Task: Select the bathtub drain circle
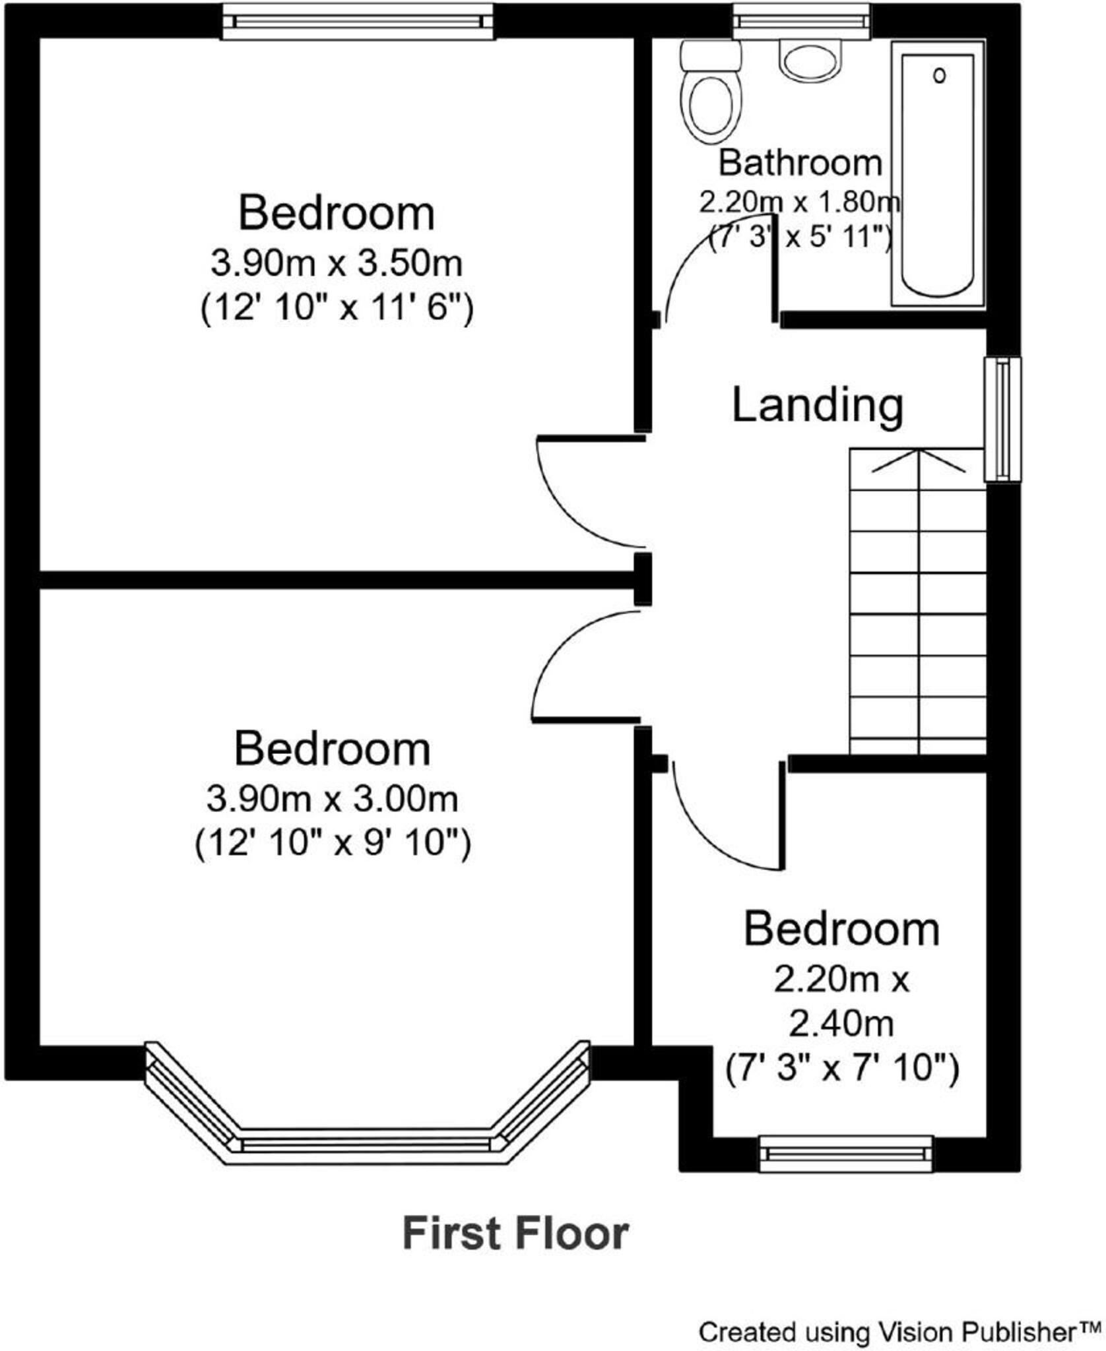pos(939,75)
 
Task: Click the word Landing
pos(817,405)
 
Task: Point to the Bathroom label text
pos(800,163)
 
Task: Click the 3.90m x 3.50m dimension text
pos(336,263)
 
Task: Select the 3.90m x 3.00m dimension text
pos(332,799)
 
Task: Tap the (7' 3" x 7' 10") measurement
pos(842,1068)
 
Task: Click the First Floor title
pos(515,1234)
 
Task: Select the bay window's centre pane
pos(366,1145)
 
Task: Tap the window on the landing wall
pos(1002,419)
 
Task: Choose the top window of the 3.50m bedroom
pos(358,21)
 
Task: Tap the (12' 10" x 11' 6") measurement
pos(337,307)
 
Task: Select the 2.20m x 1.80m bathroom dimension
pos(800,202)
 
